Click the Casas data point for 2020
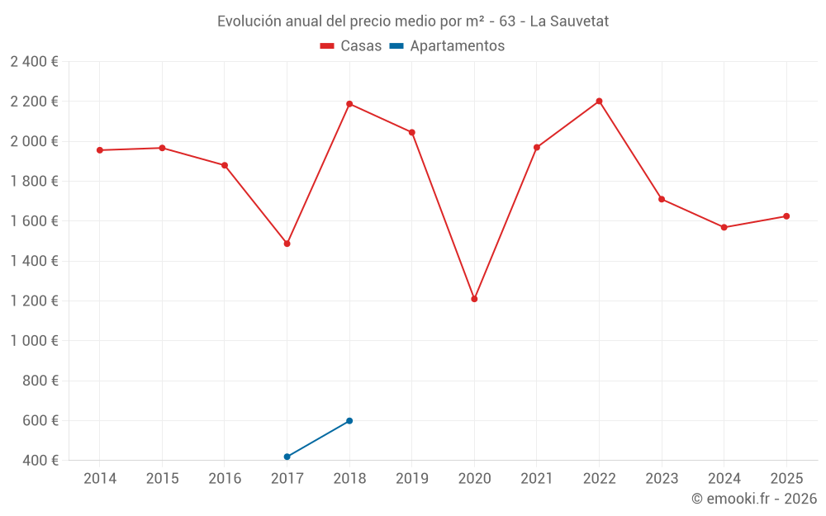(x=474, y=299)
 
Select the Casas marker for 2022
(x=599, y=102)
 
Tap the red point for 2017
(x=287, y=244)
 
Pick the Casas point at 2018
(x=349, y=104)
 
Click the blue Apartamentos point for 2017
(x=287, y=457)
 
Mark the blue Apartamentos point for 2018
(x=349, y=421)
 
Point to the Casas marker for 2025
(x=786, y=216)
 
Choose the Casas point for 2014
(x=100, y=150)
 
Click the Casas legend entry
(x=351, y=46)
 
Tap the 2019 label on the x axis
(x=411, y=479)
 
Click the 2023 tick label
(x=662, y=479)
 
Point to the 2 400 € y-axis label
(x=34, y=62)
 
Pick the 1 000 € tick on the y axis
(x=34, y=341)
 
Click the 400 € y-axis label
(x=40, y=461)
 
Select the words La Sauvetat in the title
(x=569, y=21)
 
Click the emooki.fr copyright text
(x=754, y=499)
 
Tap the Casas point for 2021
(x=537, y=148)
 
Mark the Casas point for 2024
(x=724, y=227)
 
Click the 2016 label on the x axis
(x=225, y=479)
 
